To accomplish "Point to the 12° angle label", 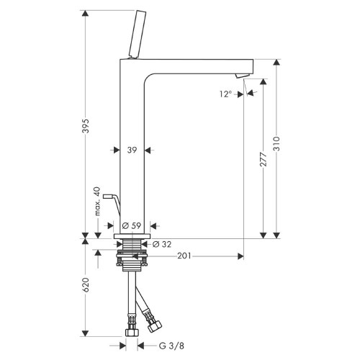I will click(225, 94).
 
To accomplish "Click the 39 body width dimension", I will click(132, 150).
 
